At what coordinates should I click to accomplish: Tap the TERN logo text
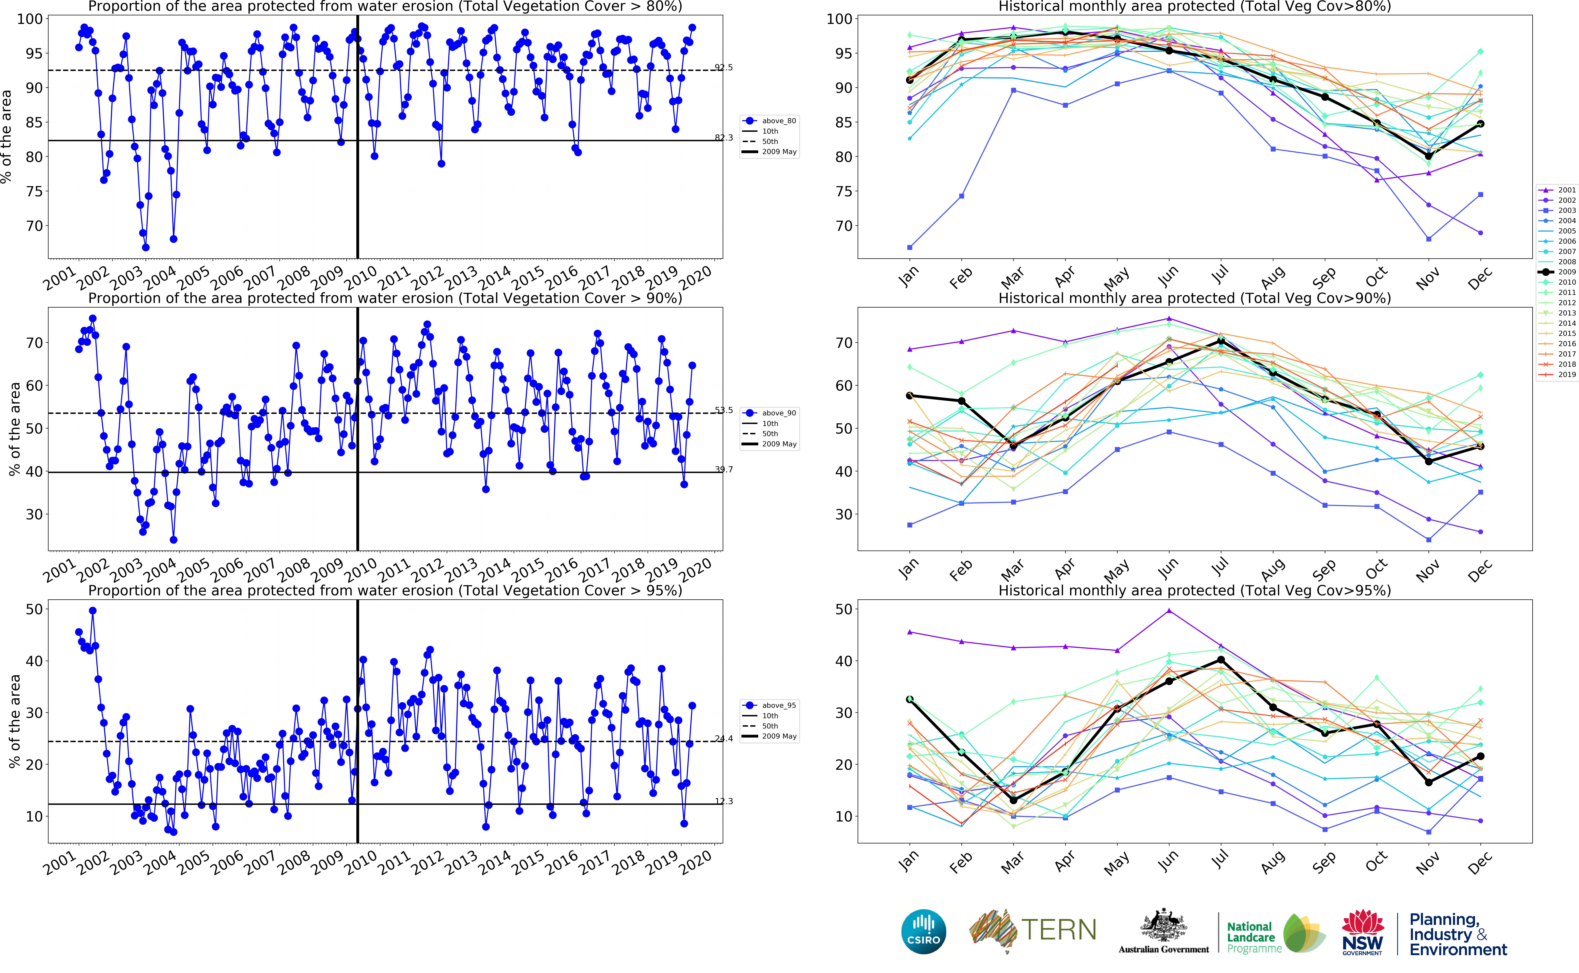[x=1059, y=930]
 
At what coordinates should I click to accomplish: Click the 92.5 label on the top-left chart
[x=724, y=67]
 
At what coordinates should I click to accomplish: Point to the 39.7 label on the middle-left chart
[x=724, y=469]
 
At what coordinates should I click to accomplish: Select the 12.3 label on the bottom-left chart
[x=724, y=801]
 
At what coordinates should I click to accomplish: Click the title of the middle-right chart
[x=1194, y=298]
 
